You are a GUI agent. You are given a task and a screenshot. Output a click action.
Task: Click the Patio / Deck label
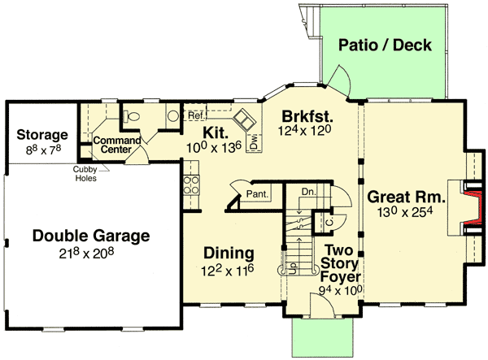[385, 46]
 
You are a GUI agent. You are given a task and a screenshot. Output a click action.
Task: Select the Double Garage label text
[91, 236]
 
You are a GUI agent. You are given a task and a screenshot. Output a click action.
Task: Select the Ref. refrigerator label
[195, 116]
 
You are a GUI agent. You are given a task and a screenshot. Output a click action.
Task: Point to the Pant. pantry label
[258, 193]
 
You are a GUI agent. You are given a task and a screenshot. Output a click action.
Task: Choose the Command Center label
[112, 145]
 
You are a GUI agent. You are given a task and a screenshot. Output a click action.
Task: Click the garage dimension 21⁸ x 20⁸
[91, 254]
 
